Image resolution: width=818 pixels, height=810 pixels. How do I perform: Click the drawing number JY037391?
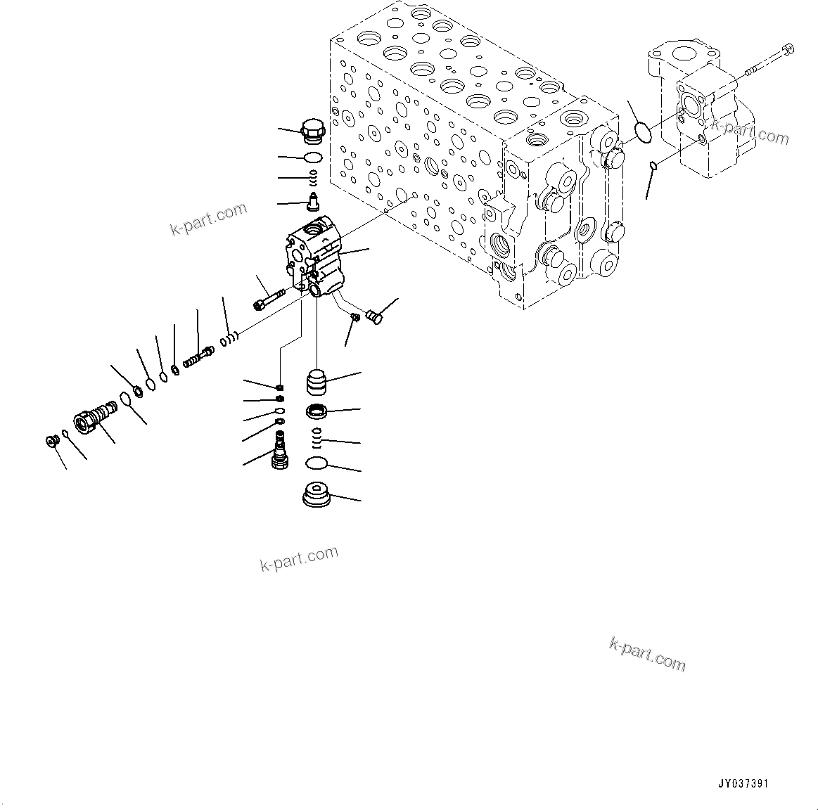[x=743, y=783]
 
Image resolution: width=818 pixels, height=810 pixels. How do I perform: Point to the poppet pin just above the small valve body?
[x=312, y=202]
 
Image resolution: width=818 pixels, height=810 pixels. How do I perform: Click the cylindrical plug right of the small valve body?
[x=376, y=317]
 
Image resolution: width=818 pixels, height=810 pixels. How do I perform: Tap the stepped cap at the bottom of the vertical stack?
[x=317, y=496]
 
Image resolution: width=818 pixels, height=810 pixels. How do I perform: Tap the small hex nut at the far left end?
[x=51, y=441]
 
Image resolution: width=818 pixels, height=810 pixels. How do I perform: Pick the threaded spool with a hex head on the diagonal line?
[x=198, y=356]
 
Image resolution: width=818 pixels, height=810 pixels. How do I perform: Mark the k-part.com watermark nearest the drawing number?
[x=646, y=654]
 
